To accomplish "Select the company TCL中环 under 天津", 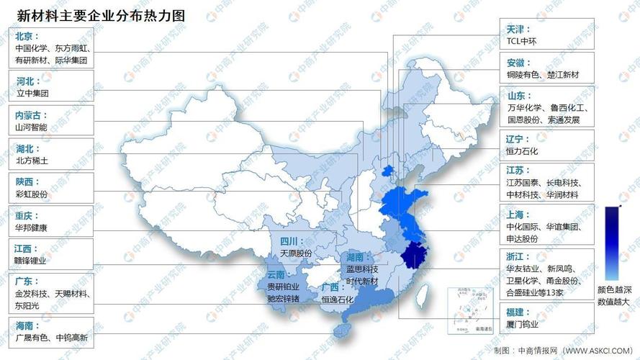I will (526, 41).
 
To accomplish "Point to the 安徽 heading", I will (519, 62).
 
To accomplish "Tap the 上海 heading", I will (519, 214).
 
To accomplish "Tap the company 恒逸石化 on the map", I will (338, 299).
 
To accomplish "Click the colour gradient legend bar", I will (611, 243).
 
